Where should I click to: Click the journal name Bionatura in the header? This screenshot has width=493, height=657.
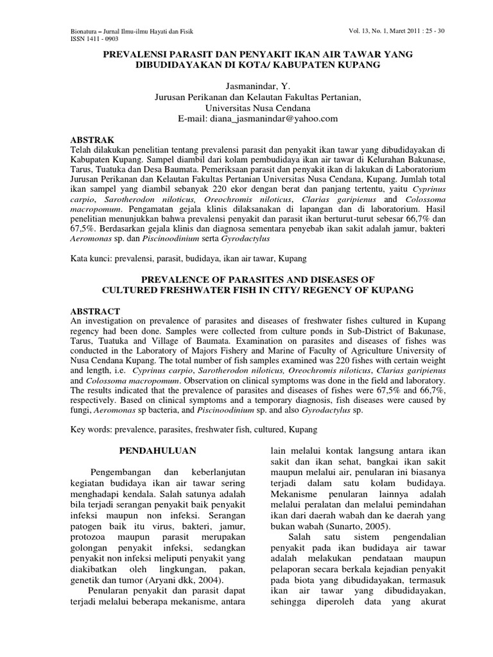tap(85, 31)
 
